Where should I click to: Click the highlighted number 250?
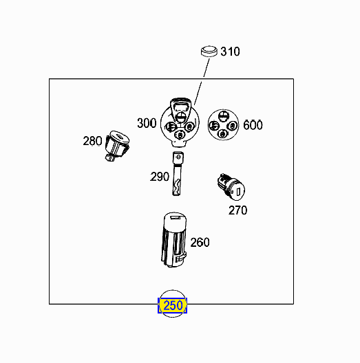(x=173, y=305)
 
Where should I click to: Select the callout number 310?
(x=230, y=52)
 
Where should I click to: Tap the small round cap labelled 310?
(x=209, y=51)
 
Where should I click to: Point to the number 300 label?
(x=147, y=123)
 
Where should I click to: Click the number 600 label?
(x=253, y=125)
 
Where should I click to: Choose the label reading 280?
(x=92, y=141)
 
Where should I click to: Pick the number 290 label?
(x=160, y=177)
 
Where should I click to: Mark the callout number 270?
(x=237, y=210)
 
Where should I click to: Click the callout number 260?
(x=200, y=242)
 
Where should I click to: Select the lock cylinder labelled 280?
(x=117, y=146)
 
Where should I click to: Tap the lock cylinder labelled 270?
(x=231, y=187)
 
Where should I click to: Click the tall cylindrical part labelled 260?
(x=174, y=240)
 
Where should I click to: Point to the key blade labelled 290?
(x=178, y=174)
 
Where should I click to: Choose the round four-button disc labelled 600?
(x=223, y=125)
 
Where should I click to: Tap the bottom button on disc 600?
(x=223, y=134)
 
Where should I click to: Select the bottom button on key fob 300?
(x=180, y=135)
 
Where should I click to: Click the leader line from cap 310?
(x=202, y=82)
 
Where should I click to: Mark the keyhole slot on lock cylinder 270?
(x=238, y=192)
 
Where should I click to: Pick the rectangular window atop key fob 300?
(x=181, y=107)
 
